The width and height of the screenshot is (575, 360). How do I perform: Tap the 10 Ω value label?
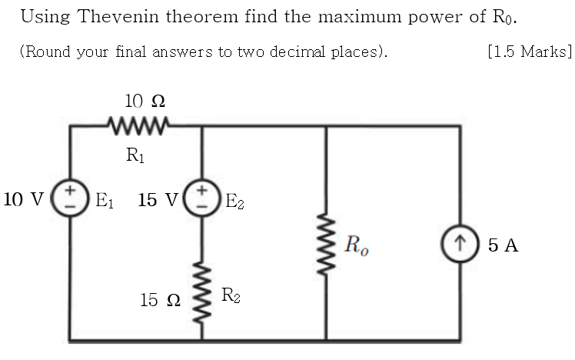tap(145, 101)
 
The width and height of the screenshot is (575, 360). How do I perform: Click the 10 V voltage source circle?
tap(70, 199)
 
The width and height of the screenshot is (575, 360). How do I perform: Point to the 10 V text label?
tap(24, 200)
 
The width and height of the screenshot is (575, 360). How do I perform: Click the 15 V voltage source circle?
tap(201, 199)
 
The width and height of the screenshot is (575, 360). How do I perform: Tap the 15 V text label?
tap(158, 200)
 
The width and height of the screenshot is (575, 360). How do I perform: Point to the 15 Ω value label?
tap(160, 300)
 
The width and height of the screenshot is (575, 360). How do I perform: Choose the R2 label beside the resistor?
tap(231, 295)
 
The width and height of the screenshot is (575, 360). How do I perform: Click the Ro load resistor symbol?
tap(327, 245)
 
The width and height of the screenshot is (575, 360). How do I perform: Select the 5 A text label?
tap(503, 246)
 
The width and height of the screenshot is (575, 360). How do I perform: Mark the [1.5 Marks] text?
tap(530, 52)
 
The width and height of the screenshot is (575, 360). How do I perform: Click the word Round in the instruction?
tap(44, 52)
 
